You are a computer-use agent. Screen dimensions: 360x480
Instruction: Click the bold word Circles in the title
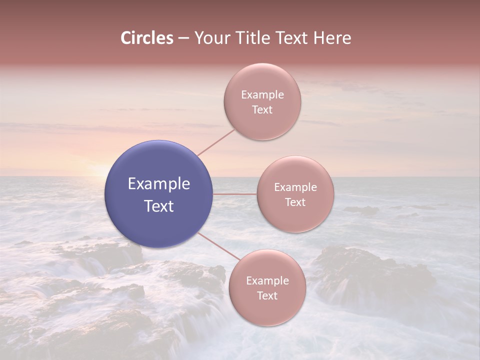147,38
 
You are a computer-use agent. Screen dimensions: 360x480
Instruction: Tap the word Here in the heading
332,38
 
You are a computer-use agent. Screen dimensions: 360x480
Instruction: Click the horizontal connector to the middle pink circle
235,194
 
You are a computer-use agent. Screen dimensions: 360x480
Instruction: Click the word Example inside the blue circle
159,184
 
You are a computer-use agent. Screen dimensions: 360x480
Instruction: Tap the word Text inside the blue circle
159,206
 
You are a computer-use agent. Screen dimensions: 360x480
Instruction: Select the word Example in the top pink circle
262,95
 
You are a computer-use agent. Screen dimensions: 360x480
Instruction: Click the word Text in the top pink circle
262,110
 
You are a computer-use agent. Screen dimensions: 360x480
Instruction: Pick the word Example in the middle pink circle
295,187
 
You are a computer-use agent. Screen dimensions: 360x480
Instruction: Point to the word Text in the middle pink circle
295,202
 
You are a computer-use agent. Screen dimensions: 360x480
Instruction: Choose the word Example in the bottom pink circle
267,281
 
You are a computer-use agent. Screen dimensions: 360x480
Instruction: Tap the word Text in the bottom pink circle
267,296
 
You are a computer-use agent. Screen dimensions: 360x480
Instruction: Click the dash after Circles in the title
183,38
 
